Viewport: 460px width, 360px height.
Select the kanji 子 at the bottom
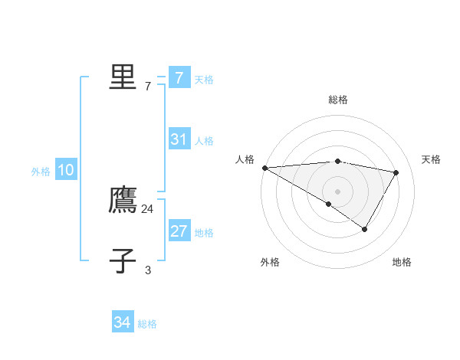123,261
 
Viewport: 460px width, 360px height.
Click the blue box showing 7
179,78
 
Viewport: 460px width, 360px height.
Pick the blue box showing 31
179,139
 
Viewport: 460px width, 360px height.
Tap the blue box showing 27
179,231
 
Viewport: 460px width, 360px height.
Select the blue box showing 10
65,171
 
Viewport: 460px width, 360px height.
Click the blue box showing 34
122,322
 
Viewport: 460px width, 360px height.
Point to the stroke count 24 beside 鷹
148,208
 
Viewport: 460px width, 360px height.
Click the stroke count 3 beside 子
148,270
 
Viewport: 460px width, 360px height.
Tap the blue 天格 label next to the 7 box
204,80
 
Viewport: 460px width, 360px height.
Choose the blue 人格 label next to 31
204,141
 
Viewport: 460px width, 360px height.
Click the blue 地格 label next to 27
204,233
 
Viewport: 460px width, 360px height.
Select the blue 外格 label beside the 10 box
41,172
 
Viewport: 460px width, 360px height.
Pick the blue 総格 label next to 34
147,324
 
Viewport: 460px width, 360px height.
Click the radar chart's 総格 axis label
338,100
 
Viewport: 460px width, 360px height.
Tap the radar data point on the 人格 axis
264,168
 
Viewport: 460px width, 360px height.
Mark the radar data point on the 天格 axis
396,172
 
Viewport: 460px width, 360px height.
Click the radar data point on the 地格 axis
365,229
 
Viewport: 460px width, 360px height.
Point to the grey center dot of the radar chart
337,191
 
